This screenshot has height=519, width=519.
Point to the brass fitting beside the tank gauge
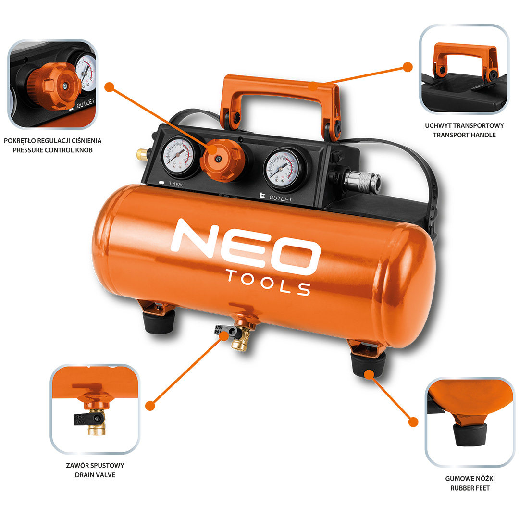tap(143, 154)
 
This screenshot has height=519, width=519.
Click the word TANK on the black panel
tap(176, 184)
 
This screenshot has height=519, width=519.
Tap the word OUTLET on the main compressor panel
tap(281, 198)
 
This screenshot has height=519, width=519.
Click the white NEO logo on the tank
tap(245, 246)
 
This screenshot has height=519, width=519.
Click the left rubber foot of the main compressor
tap(159, 321)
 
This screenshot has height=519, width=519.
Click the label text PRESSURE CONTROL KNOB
tap(53, 150)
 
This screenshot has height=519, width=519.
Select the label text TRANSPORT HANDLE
tap(464, 135)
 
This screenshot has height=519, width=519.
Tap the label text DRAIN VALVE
tap(95, 475)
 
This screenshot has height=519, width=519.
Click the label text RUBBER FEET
tap(470, 488)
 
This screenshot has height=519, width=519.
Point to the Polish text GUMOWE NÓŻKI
tap(470, 478)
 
